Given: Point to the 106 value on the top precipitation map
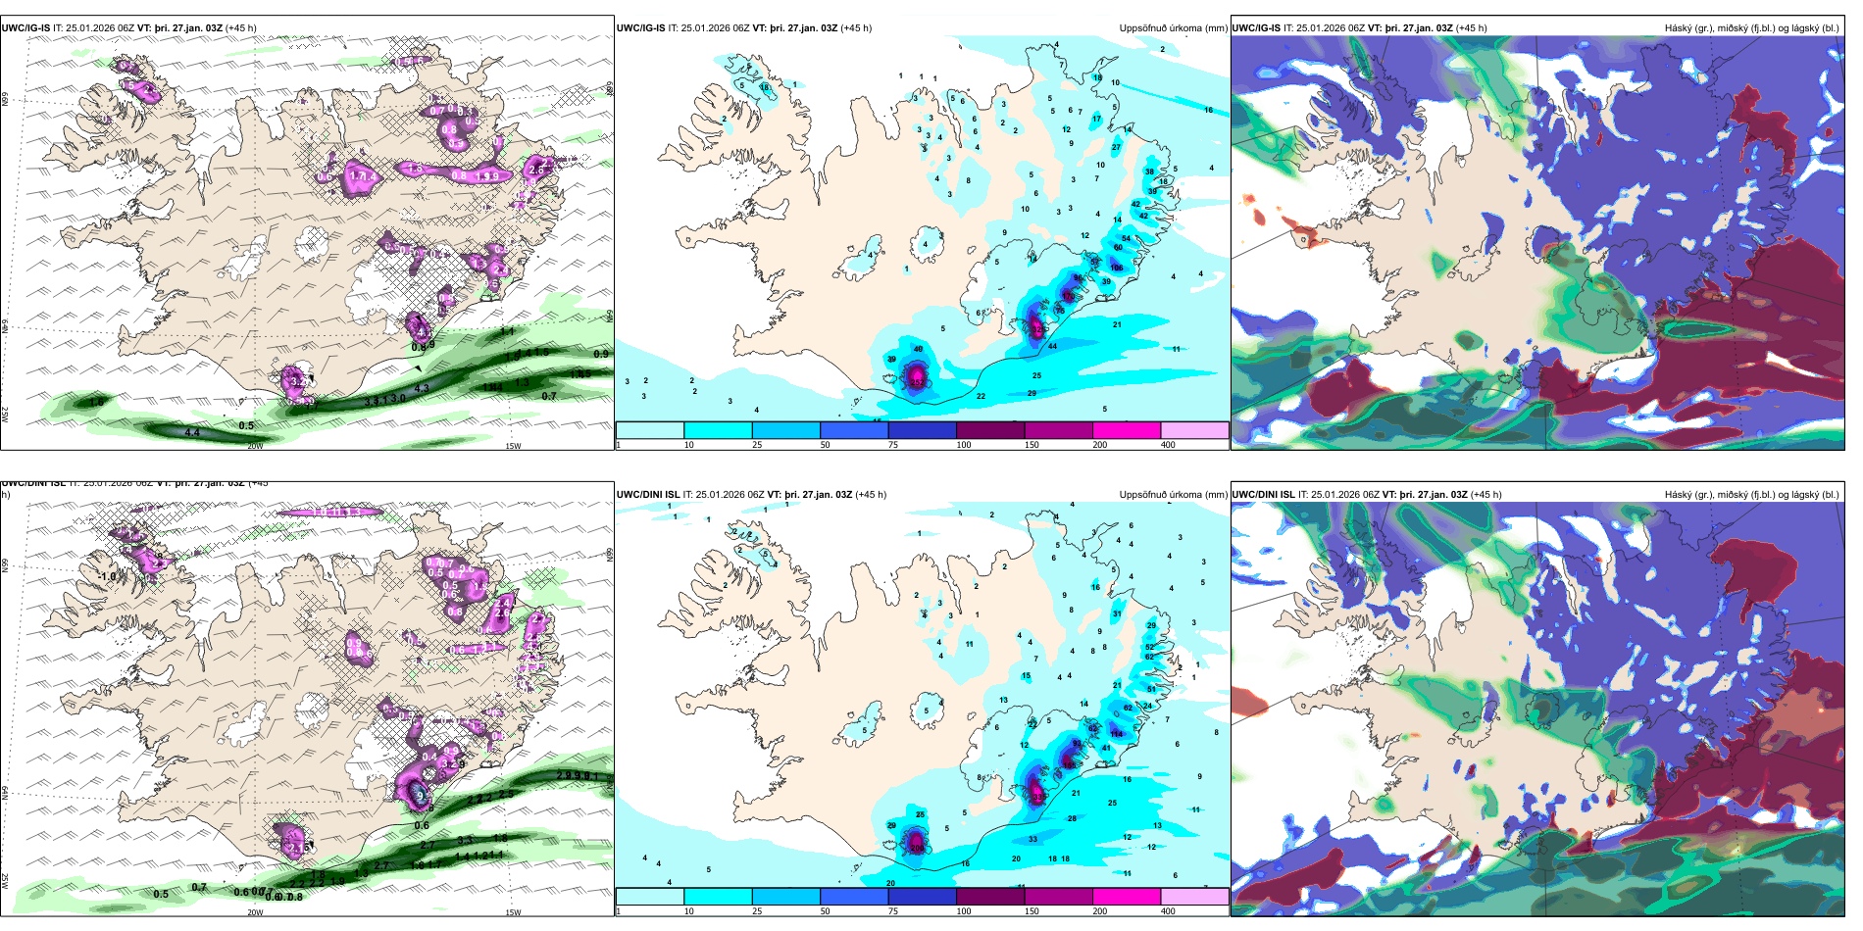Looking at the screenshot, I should [x=1116, y=268].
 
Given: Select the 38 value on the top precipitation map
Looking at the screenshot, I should [x=1149, y=171].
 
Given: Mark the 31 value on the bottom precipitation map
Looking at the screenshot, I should [x=1117, y=614].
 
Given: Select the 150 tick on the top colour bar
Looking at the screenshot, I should [x=1032, y=445].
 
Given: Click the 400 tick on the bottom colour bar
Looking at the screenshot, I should [x=1168, y=911].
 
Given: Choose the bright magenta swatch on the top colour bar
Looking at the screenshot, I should [x=1126, y=430].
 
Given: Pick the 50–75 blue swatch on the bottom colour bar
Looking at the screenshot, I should [x=853, y=897].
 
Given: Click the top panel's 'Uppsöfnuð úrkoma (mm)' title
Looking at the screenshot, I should [x=1173, y=28].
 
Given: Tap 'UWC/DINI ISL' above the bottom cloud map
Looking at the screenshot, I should [x=1263, y=495].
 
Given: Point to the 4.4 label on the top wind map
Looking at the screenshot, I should [x=192, y=432].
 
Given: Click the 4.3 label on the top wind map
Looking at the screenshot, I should [x=422, y=389].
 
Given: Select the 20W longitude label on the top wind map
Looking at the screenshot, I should [x=255, y=446].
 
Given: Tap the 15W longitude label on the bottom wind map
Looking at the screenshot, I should [x=513, y=912].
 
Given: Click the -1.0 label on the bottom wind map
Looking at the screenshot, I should [x=107, y=577].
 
